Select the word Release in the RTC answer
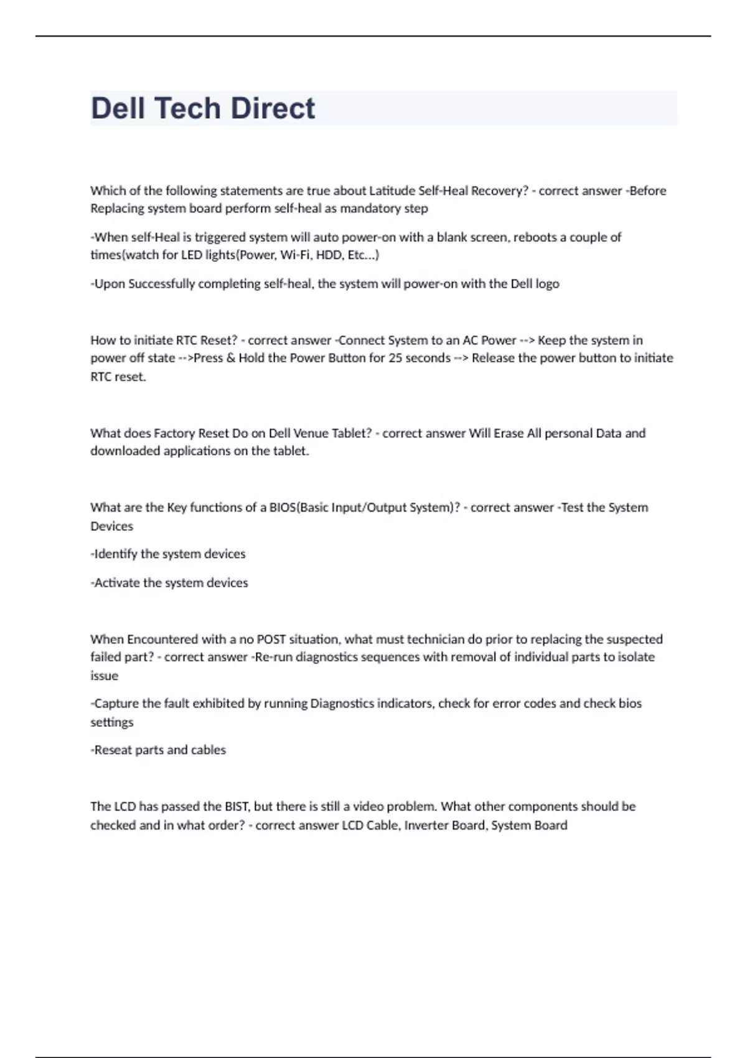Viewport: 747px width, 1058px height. coord(492,358)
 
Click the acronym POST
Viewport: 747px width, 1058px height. coord(271,639)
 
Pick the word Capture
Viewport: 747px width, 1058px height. coord(116,703)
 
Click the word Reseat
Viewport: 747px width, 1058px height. coord(113,750)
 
